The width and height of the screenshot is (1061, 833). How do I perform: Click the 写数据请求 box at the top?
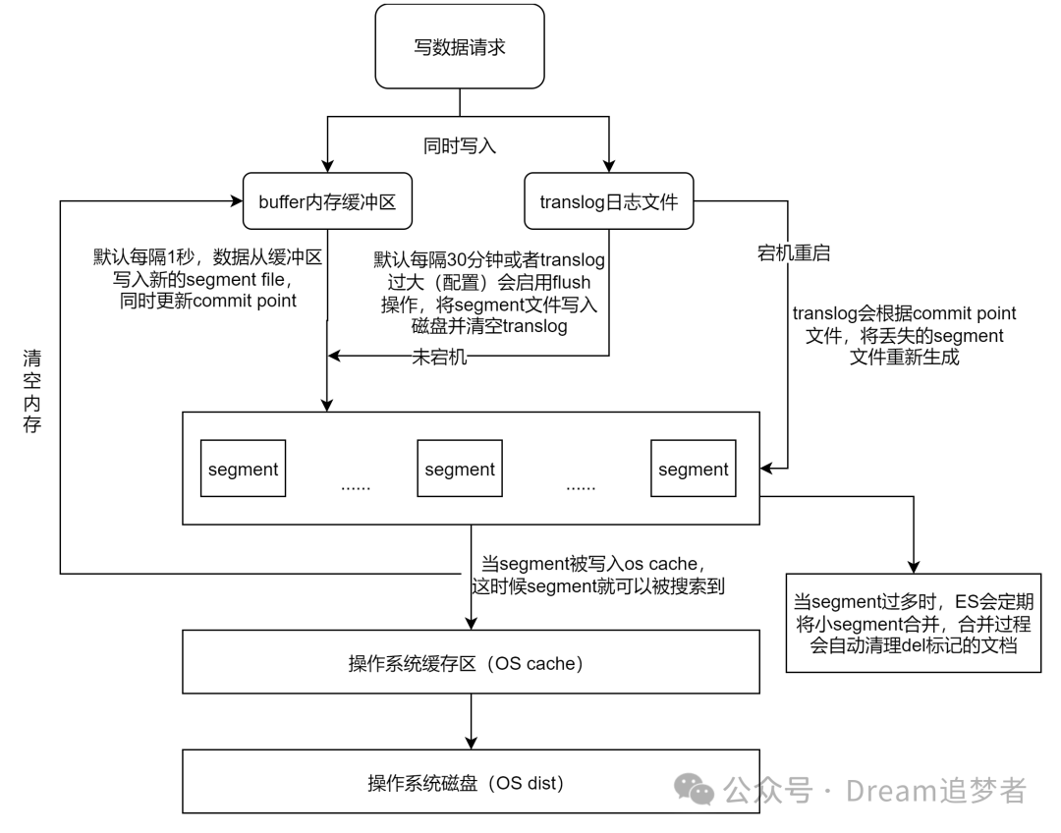460,46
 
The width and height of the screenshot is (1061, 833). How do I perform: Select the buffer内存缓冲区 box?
327,202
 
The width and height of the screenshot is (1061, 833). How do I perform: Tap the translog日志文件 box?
609,202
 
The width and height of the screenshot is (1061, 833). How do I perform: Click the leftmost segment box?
243,470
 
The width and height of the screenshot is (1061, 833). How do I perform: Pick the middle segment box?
459,470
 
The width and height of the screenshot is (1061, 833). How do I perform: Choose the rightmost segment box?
693,470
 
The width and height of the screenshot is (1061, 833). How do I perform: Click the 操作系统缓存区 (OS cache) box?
472,663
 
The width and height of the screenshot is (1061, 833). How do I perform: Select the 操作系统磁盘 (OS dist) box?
472,783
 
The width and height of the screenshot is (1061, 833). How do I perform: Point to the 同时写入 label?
460,146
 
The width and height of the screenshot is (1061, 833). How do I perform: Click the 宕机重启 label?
794,252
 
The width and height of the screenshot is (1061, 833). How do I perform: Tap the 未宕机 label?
439,358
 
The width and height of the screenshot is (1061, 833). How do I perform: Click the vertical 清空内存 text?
32,390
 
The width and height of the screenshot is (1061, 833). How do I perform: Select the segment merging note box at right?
913,623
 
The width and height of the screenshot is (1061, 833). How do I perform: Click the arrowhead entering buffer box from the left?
236,202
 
